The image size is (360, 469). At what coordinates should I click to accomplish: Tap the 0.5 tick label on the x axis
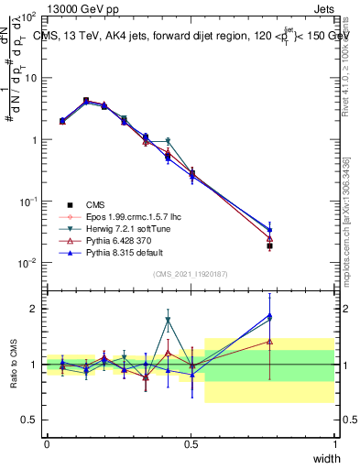click(191, 443)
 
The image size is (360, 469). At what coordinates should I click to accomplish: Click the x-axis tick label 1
click(335, 443)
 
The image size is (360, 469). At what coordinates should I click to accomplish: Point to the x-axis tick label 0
click(47, 443)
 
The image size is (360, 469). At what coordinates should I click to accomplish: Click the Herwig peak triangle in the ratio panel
click(168, 320)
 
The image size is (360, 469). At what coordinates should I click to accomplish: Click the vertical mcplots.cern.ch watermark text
click(347, 229)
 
